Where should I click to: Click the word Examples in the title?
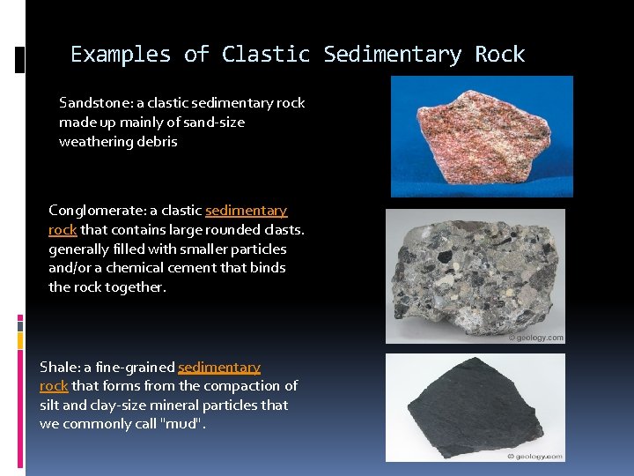pyautogui.click(x=121, y=55)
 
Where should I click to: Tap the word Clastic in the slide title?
pyautogui.click(x=266, y=55)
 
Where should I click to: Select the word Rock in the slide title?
pyautogui.click(x=499, y=55)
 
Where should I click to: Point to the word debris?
pyautogui.click(x=156, y=142)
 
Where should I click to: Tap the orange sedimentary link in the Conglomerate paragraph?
pyautogui.click(x=246, y=211)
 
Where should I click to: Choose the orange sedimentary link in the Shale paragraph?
pyautogui.click(x=219, y=368)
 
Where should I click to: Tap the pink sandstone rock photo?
pyautogui.click(x=481, y=136)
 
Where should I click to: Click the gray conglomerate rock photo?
pyautogui.click(x=475, y=275)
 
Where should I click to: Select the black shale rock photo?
pyautogui.click(x=475, y=407)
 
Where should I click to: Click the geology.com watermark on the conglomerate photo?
pyautogui.click(x=535, y=338)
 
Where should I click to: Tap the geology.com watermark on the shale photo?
pyautogui.click(x=535, y=456)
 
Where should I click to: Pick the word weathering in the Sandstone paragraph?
pyautogui.click(x=94, y=142)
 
